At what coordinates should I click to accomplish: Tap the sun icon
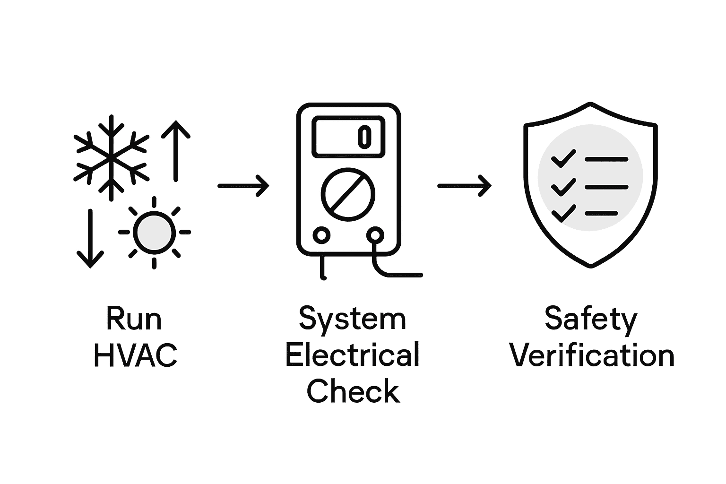click(x=154, y=232)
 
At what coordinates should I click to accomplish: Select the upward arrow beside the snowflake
click(x=176, y=151)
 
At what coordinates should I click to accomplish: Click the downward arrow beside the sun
click(x=90, y=239)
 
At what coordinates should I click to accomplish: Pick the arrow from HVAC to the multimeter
click(x=243, y=186)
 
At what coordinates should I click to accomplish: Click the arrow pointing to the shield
click(x=464, y=186)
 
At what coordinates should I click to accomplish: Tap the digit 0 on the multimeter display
click(x=364, y=136)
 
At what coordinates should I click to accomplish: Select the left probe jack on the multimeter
click(x=321, y=235)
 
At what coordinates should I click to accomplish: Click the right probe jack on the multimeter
click(x=375, y=235)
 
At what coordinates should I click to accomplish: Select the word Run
click(x=134, y=319)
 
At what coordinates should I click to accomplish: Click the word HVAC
click(x=136, y=355)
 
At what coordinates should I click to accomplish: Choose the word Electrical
click(x=353, y=355)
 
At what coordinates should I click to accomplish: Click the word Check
click(x=354, y=391)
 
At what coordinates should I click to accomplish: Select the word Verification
click(x=592, y=355)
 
